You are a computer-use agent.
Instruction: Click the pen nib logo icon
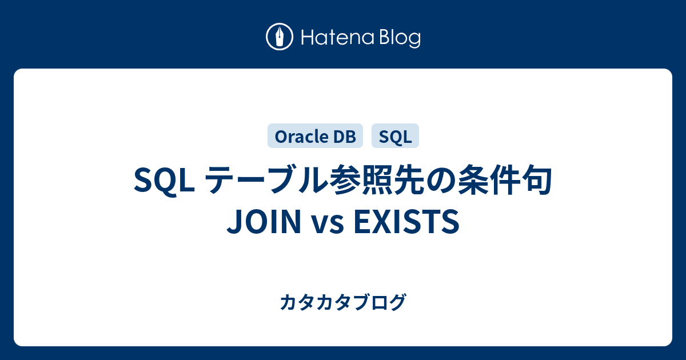point(280,37)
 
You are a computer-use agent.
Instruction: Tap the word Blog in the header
point(400,39)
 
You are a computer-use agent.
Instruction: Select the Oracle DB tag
point(315,136)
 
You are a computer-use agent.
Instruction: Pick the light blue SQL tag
point(395,136)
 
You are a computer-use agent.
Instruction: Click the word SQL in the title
point(165,181)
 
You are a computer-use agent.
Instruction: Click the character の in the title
point(441,181)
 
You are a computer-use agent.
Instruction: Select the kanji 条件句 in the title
point(505,180)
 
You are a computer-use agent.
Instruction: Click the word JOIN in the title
point(264,221)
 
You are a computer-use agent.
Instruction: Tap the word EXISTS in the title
point(406,221)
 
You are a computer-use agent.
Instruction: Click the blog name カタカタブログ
point(343,302)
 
